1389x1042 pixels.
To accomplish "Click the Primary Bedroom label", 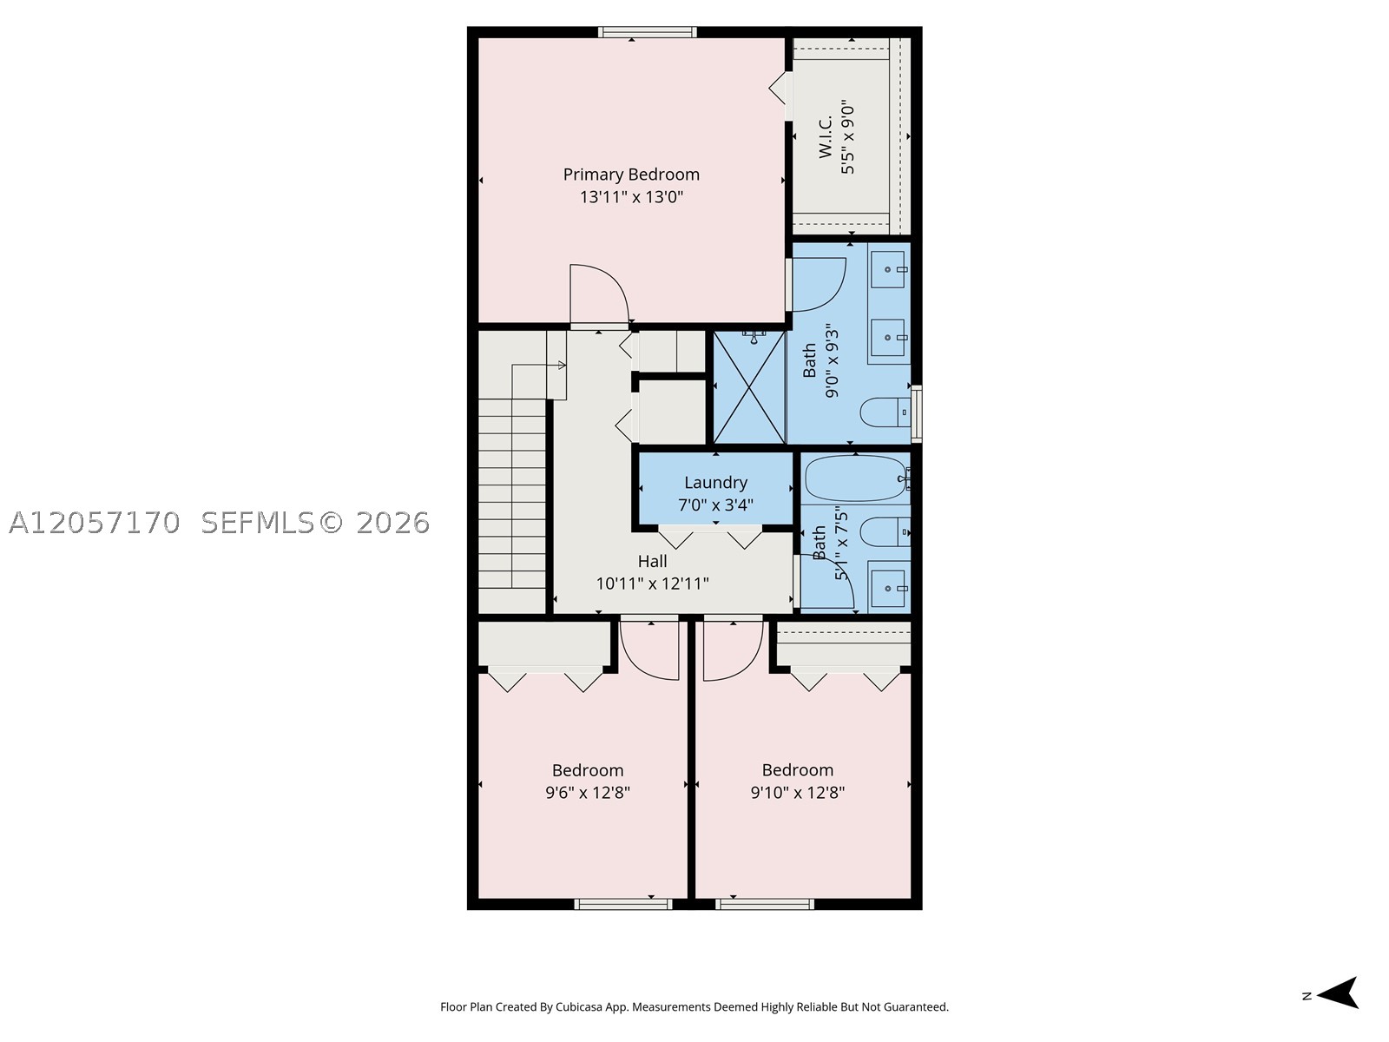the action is tap(631, 175).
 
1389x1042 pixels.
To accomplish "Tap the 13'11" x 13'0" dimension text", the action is tap(631, 197).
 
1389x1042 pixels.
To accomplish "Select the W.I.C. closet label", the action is tap(826, 136).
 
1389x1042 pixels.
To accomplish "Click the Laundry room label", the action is tap(715, 483).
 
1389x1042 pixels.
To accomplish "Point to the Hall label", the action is tap(652, 561).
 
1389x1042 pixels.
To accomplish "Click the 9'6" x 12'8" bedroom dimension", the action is tap(587, 792).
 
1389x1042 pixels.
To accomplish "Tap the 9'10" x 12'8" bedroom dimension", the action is tap(797, 792).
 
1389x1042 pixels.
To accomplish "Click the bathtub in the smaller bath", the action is tap(856, 479).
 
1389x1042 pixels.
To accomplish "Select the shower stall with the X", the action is tap(749, 387).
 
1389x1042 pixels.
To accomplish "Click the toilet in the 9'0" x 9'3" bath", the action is tap(885, 412).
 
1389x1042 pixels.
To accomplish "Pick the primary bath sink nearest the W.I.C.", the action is tap(887, 269).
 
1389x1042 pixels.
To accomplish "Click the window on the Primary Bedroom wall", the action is tap(647, 32).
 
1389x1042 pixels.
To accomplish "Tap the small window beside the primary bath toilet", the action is tap(916, 414).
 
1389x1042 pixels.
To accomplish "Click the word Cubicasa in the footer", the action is tap(579, 1007).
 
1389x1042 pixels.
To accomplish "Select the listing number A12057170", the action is tap(95, 523).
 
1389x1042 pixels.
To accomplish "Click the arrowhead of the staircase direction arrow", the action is tap(562, 365).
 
